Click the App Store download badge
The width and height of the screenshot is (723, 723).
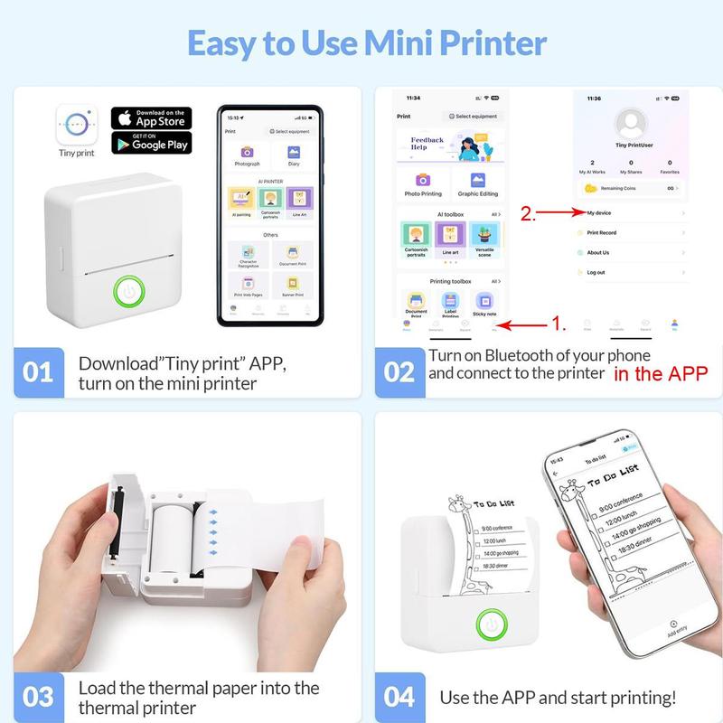pyautogui.click(x=151, y=117)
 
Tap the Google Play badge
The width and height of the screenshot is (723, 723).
pyautogui.click(x=151, y=142)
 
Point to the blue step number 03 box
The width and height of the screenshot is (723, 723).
pyautogui.click(x=39, y=697)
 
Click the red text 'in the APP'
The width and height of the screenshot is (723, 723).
pyautogui.click(x=661, y=373)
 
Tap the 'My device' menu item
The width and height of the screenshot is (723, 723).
pyautogui.click(x=598, y=212)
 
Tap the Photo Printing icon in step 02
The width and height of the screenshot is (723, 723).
pyautogui.click(x=422, y=180)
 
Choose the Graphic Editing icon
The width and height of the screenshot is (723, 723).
pyautogui.click(x=478, y=180)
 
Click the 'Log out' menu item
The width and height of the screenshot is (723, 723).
pyautogui.click(x=596, y=272)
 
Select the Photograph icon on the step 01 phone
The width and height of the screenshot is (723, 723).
pyautogui.click(x=247, y=153)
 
